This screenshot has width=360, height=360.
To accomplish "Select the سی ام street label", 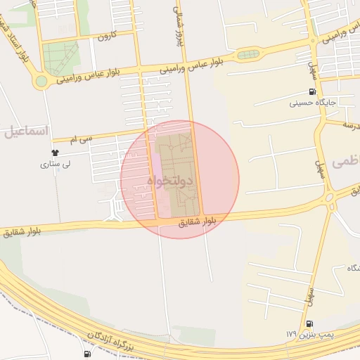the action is (x=82, y=140).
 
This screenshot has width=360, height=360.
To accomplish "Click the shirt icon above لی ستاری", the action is (x=56, y=153).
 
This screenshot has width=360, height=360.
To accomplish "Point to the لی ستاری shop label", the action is (x=54, y=165).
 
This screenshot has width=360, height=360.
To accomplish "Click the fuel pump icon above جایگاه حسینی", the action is (x=312, y=92).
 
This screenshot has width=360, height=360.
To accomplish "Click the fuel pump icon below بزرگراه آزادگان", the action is (x=87, y=354).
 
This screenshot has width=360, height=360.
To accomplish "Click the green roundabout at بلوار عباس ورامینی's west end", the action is (x=41, y=82).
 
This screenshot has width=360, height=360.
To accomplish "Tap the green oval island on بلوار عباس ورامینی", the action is (x=247, y=55).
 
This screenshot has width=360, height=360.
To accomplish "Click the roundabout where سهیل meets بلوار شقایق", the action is (x=330, y=198).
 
